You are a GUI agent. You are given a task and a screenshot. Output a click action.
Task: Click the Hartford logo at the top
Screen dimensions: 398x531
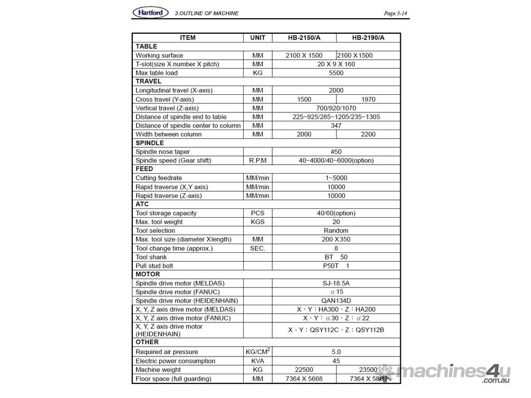pos(150,12)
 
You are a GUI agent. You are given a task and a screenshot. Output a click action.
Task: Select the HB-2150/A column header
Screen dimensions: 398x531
pos(304,37)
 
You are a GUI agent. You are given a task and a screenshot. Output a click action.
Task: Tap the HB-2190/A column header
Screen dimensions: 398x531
pos(368,37)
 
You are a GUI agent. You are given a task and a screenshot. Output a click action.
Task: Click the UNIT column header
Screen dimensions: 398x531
pos(258,37)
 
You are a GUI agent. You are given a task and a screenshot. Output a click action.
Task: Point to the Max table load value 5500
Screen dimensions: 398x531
pos(336,73)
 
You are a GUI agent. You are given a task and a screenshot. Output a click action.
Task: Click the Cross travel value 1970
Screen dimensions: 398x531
pos(368,99)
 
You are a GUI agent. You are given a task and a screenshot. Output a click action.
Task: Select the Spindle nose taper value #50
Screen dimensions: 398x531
pos(336,151)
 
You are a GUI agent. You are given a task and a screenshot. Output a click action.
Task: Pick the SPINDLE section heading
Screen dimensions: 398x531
pos(150,143)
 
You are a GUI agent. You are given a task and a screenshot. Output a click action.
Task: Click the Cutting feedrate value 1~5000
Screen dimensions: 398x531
pos(336,178)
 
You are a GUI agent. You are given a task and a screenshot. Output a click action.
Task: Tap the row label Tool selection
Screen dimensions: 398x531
pos(155,231)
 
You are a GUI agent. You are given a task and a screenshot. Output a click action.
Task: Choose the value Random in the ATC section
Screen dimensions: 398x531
pos(336,231)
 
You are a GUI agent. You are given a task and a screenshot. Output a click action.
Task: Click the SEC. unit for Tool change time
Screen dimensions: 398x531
pos(258,248)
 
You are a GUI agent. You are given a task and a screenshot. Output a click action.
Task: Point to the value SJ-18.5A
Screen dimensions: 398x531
pos(336,283)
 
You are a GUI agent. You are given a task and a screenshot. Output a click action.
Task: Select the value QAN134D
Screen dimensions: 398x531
pos(336,301)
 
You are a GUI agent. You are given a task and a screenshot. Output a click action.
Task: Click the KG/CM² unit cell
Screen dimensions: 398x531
pos(258,351)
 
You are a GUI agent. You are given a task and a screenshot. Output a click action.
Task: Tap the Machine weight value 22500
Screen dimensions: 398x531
pos(304,369)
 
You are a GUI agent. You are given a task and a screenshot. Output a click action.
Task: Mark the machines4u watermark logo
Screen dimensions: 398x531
pos(446,372)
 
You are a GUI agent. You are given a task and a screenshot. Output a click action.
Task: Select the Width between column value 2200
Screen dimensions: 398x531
pos(368,134)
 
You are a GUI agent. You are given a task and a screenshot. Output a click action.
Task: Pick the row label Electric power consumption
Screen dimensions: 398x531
pos(175,361)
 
